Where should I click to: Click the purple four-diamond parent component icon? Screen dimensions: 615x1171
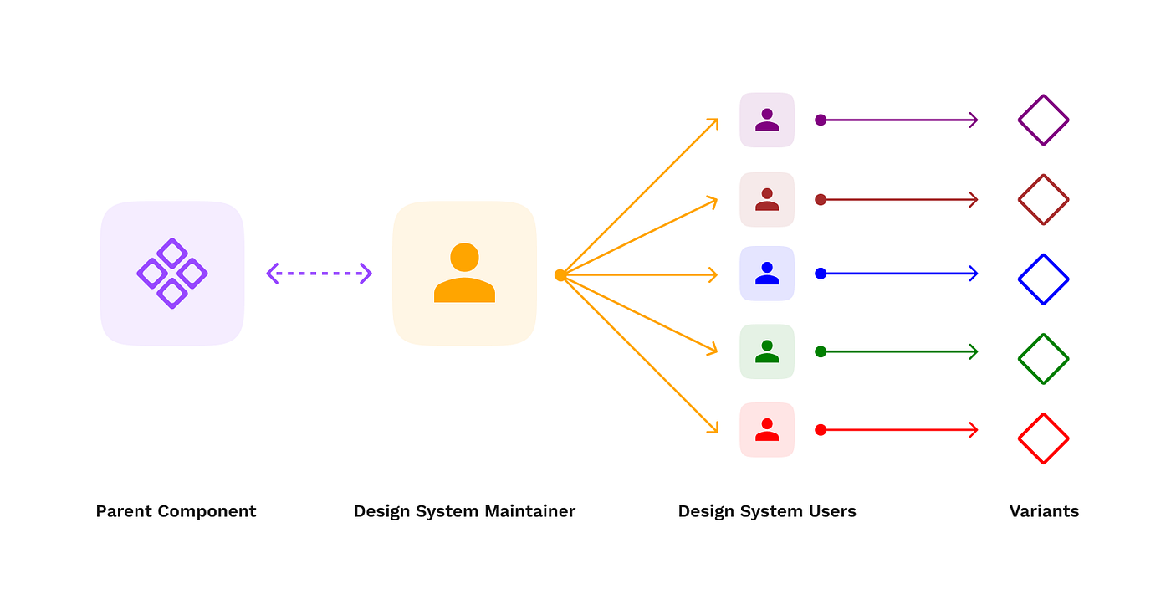click(x=172, y=274)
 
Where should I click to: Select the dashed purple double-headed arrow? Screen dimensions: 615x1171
click(x=319, y=274)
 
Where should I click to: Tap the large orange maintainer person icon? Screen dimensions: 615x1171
click(x=464, y=273)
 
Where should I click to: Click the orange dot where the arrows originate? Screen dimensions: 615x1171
click(x=560, y=274)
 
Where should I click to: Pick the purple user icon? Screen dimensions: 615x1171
click(x=767, y=120)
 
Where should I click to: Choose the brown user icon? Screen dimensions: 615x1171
click(x=767, y=199)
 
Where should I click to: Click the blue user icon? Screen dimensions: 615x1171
click(x=767, y=274)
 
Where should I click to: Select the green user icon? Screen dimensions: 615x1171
click(x=767, y=351)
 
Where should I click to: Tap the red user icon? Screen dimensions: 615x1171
click(x=767, y=430)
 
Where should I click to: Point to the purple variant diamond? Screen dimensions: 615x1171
click(x=1044, y=120)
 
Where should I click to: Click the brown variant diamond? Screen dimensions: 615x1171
click(x=1044, y=200)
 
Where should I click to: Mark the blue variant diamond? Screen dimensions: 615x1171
click(x=1044, y=279)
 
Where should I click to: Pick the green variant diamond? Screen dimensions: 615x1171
click(x=1044, y=359)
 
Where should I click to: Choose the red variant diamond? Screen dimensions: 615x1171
click(x=1044, y=438)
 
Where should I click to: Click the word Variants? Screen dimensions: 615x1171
click(x=1044, y=511)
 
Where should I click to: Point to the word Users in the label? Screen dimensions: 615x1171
click(x=828, y=511)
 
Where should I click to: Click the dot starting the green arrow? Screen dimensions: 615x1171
click(x=821, y=351)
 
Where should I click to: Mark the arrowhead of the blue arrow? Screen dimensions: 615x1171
click(x=974, y=274)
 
